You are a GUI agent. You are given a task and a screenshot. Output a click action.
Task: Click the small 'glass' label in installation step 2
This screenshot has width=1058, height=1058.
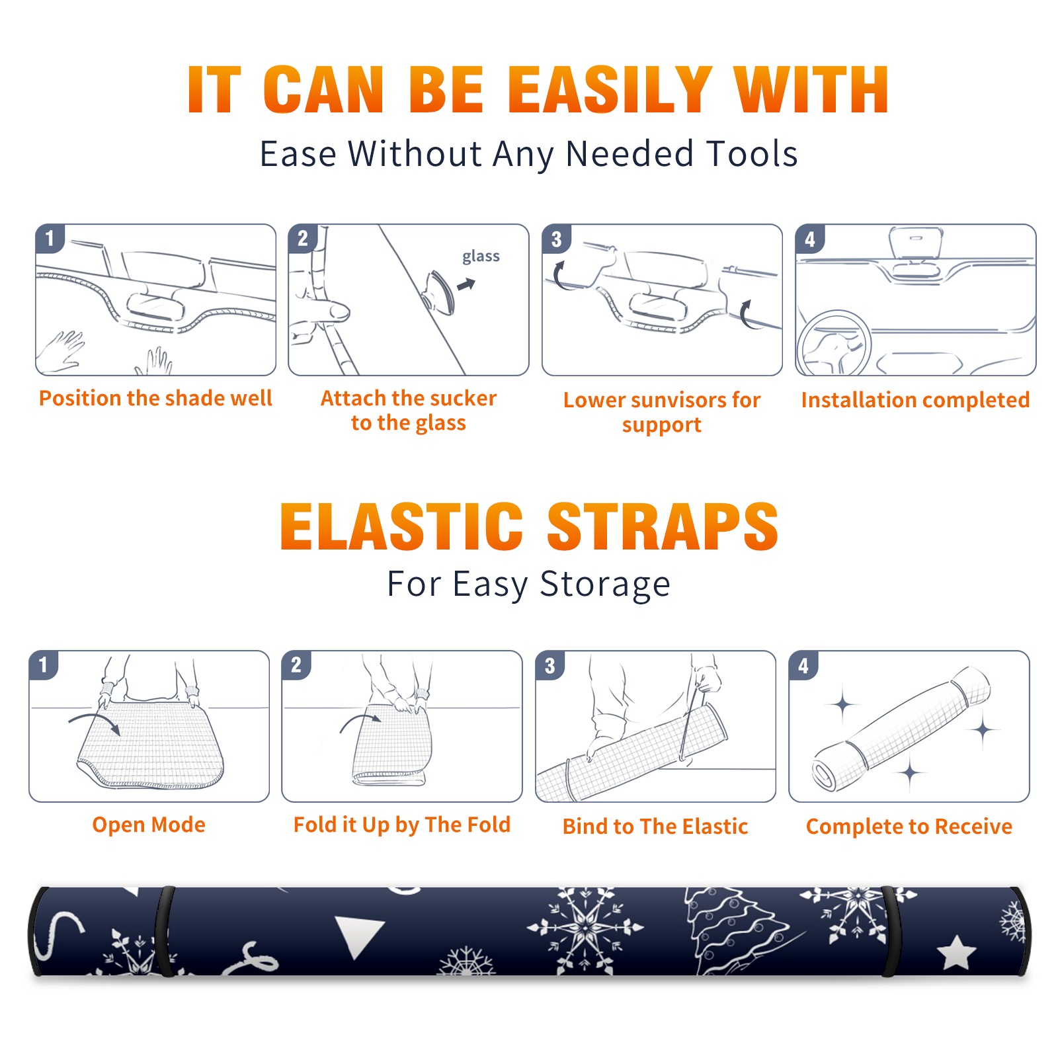[481, 257]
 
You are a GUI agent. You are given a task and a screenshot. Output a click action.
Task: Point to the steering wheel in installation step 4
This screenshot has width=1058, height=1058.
[834, 343]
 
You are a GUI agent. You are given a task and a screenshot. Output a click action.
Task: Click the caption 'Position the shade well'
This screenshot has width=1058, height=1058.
[155, 398]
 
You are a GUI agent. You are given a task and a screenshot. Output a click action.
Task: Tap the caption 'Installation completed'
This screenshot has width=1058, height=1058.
[915, 399]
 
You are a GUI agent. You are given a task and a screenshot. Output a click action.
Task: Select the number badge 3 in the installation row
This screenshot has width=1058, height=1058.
[555, 239]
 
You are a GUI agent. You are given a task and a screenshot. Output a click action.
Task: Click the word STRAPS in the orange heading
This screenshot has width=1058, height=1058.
[663, 526]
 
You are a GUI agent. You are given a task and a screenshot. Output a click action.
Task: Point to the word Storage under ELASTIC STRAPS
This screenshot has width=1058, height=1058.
[605, 585]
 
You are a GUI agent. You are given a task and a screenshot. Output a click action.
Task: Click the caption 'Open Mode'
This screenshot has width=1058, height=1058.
[149, 825]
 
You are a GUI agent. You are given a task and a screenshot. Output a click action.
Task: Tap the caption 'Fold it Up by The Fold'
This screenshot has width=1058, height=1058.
[402, 825]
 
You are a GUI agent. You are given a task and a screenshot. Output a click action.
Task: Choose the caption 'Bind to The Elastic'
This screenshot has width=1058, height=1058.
[655, 826]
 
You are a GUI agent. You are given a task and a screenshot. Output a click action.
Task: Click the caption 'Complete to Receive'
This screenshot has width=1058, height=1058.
[909, 827]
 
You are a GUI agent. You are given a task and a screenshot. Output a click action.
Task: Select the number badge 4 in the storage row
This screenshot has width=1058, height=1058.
[803, 665]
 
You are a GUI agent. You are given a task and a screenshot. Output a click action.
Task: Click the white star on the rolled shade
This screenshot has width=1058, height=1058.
[956, 952]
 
